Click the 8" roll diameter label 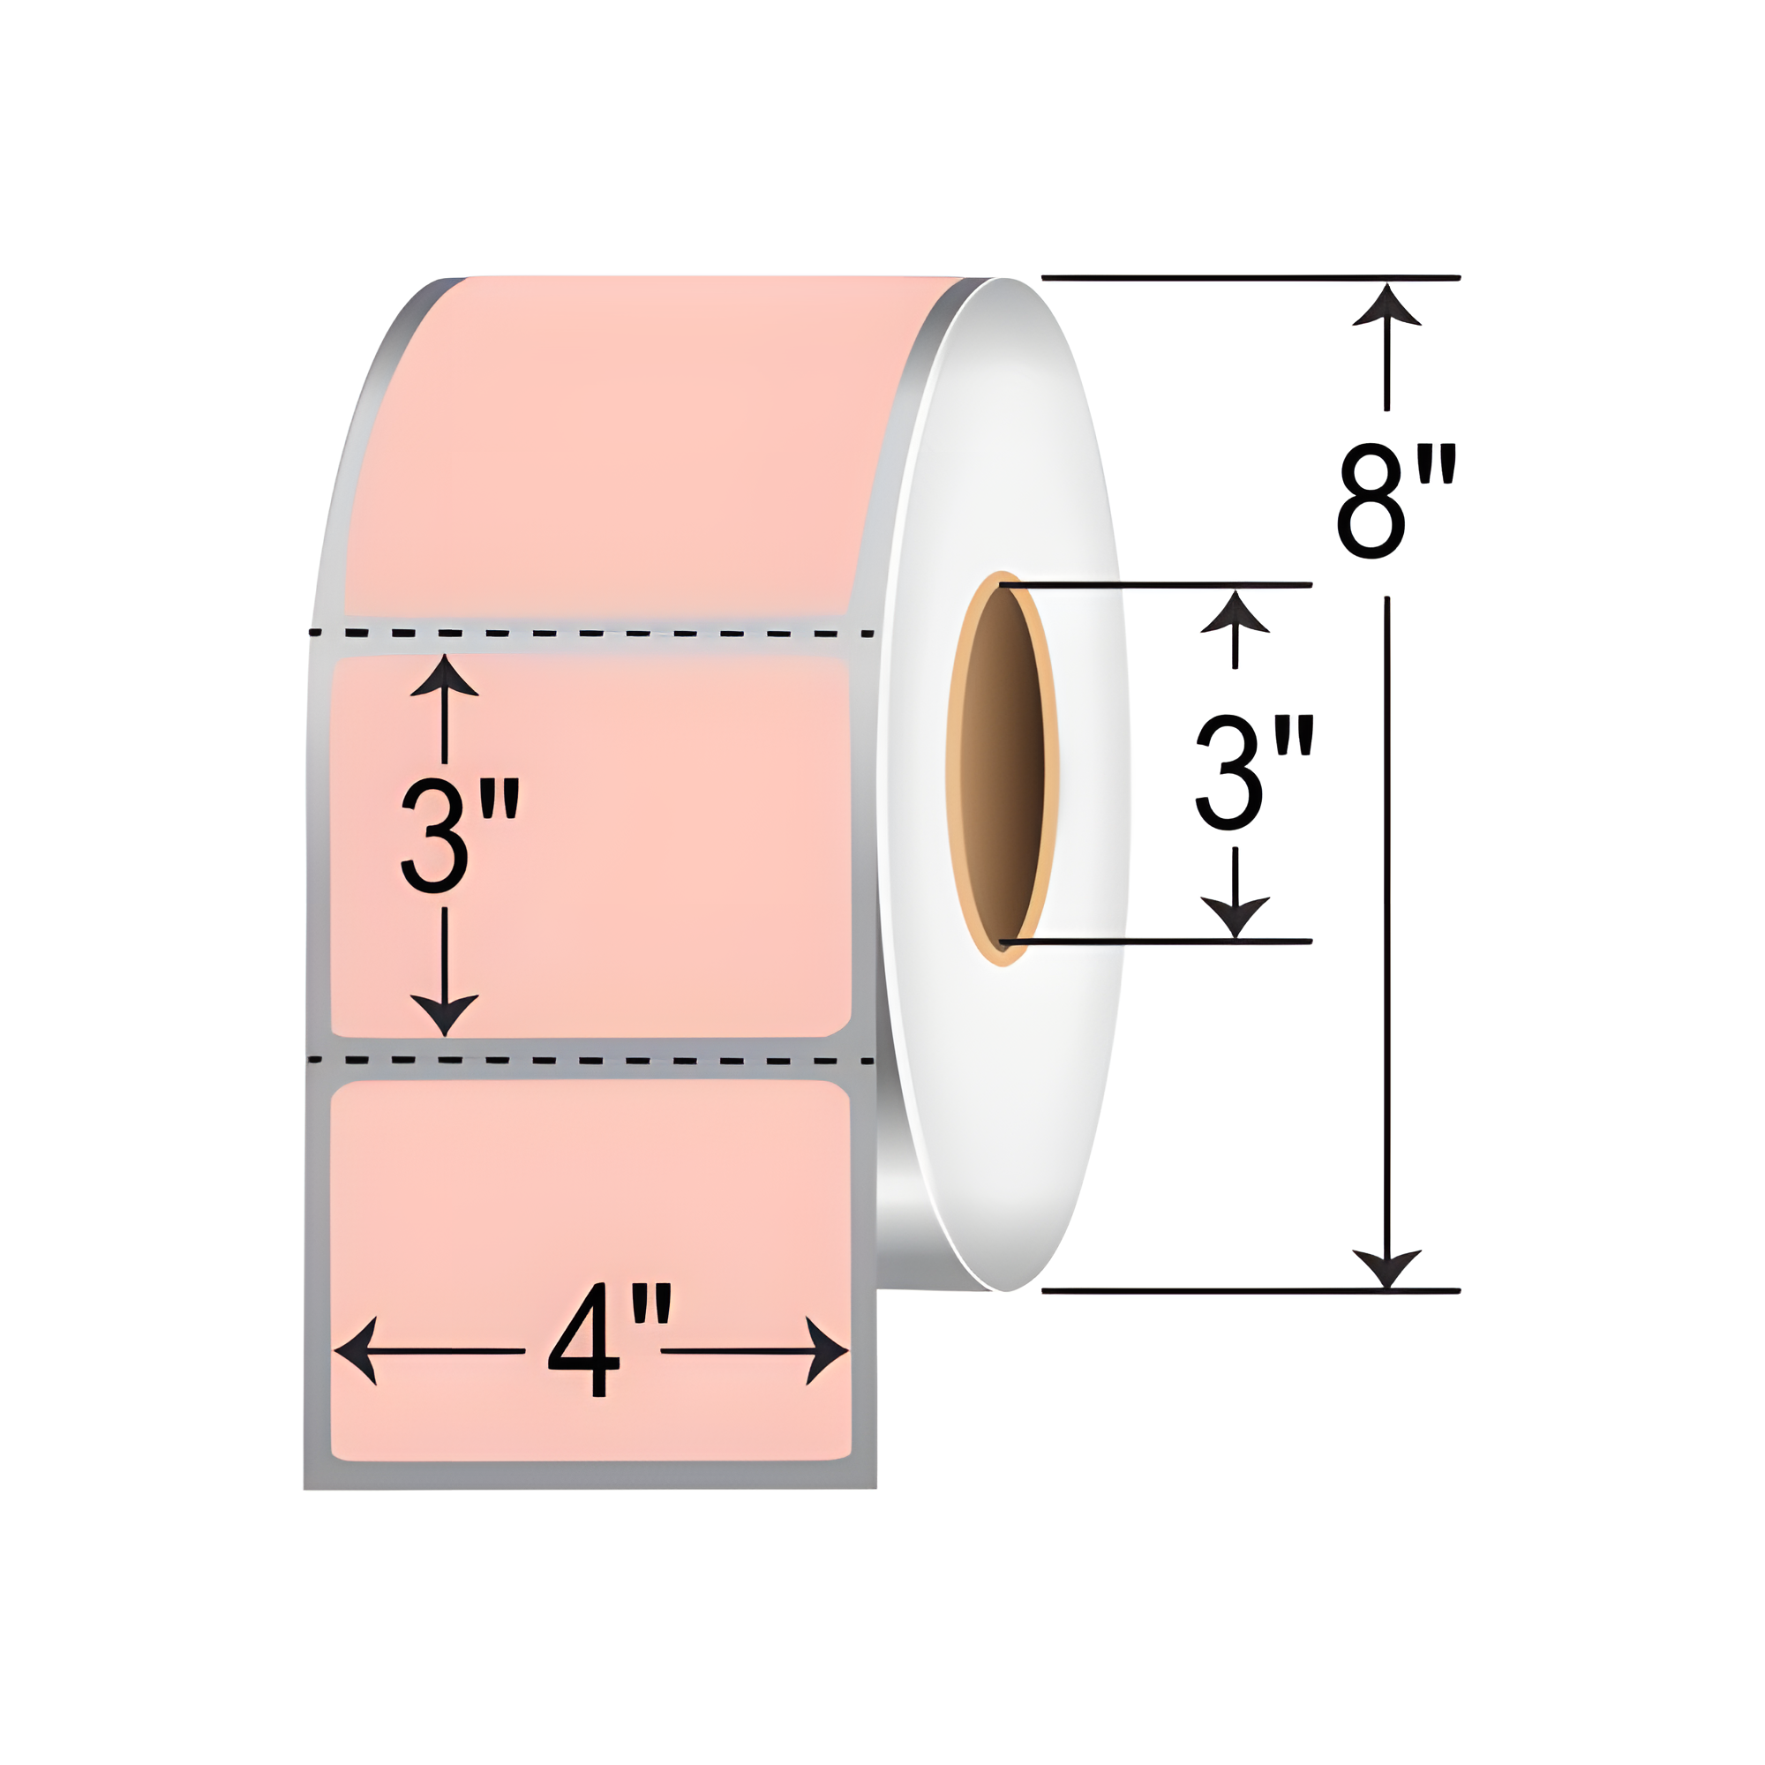(1395, 500)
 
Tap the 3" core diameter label (1253, 773)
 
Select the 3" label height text (460, 835)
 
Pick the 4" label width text (608, 1341)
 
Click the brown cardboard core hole (1003, 769)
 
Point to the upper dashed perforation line (592, 632)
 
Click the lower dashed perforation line (592, 1061)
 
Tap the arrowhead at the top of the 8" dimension (1386, 305)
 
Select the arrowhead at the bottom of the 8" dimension (1386, 1267)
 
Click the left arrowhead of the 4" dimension (357, 1350)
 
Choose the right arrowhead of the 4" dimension (826, 1350)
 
